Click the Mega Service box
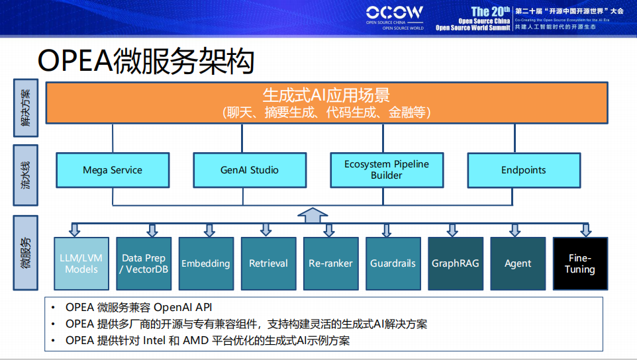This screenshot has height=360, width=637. pyautogui.click(x=112, y=170)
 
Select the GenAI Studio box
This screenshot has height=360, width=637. pyautogui.click(x=250, y=170)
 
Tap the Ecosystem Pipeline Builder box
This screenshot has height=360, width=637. pyautogui.click(x=386, y=170)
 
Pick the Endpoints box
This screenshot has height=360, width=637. pyautogui.click(x=523, y=170)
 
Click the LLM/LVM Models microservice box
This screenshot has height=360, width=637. pyautogui.click(x=81, y=263)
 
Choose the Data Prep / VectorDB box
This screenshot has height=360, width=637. pyautogui.click(x=144, y=263)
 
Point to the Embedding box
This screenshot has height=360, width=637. pyautogui.click(x=206, y=263)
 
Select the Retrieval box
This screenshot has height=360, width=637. pyautogui.click(x=268, y=263)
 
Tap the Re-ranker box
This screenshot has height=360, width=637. pyautogui.click(x=330, y=263)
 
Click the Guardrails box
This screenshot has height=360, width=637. pyautogui.click(x=393, y=263)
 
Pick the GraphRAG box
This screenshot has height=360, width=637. pyautogui.click(x=455, y=263)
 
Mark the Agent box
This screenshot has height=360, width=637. pyautogui.click(x=517, y=263)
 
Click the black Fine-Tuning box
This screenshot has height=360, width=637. pyautogui.click(x=580, y=263)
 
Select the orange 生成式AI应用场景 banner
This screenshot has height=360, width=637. pyautogui.click(x=326, y=103)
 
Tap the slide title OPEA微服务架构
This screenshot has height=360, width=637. pyautogui.click(x=146, y=61)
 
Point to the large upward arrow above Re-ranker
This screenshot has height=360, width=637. pyautogui.click(x=313, y=215)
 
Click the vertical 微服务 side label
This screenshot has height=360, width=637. pyautogui.click(x=25, y=253)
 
